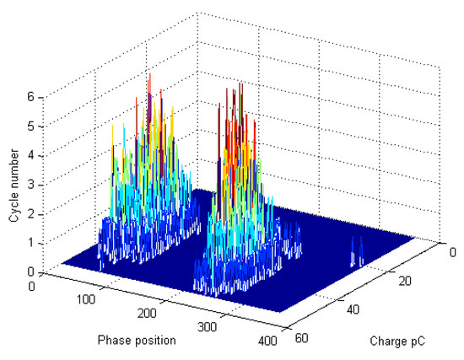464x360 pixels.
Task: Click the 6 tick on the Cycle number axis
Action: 31,97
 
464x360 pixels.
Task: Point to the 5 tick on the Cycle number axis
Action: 31,126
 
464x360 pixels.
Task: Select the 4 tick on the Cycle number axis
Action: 31,156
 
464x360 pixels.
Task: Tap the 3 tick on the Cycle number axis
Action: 31,185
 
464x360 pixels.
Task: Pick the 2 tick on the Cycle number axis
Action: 31,214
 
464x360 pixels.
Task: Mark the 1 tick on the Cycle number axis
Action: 31,243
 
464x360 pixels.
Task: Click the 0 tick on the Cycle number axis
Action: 31,271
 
